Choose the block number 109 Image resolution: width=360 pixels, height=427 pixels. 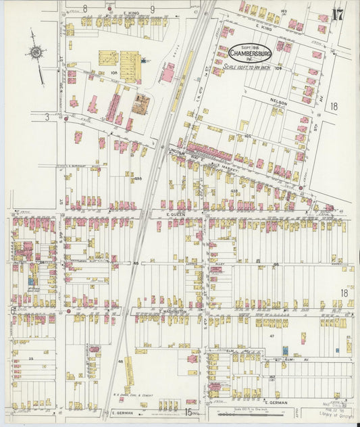click(278, 68)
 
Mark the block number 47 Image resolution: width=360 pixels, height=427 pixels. click(272, 335)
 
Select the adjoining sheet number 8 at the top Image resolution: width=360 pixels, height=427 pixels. click(85, 8)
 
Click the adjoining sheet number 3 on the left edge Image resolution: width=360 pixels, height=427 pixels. click(47, 116)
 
